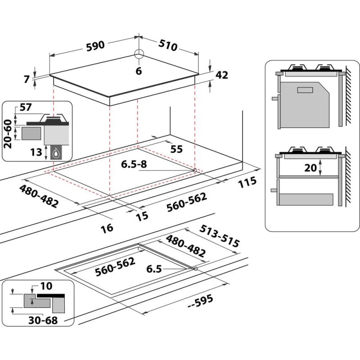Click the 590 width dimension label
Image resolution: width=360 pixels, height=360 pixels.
(x=94, y=45)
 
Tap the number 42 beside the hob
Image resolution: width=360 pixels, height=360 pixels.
(x=222, y=75)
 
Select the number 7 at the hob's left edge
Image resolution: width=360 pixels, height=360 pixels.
(x=27, y=80)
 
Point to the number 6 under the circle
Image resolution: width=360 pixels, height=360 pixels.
(x=139, y=71)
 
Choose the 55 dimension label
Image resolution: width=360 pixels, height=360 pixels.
(x=177, y=149)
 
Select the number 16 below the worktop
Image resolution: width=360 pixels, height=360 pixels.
(x=107, y=228)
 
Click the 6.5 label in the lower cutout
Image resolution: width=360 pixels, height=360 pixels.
(x=153, y=269)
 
